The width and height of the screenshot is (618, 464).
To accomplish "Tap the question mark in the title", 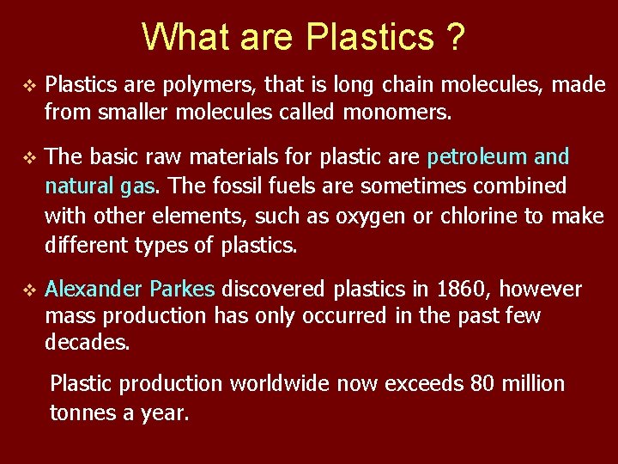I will [x=454, y=36].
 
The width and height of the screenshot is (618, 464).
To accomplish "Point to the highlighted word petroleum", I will [x=477, y=156].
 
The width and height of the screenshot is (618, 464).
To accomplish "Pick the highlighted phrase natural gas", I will [x=100, y=186].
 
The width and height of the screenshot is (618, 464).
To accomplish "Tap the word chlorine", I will [x=479, y=216].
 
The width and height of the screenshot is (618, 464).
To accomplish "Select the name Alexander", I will [x=95, y=289].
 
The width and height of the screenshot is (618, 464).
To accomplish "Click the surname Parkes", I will [x=185, y=289].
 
